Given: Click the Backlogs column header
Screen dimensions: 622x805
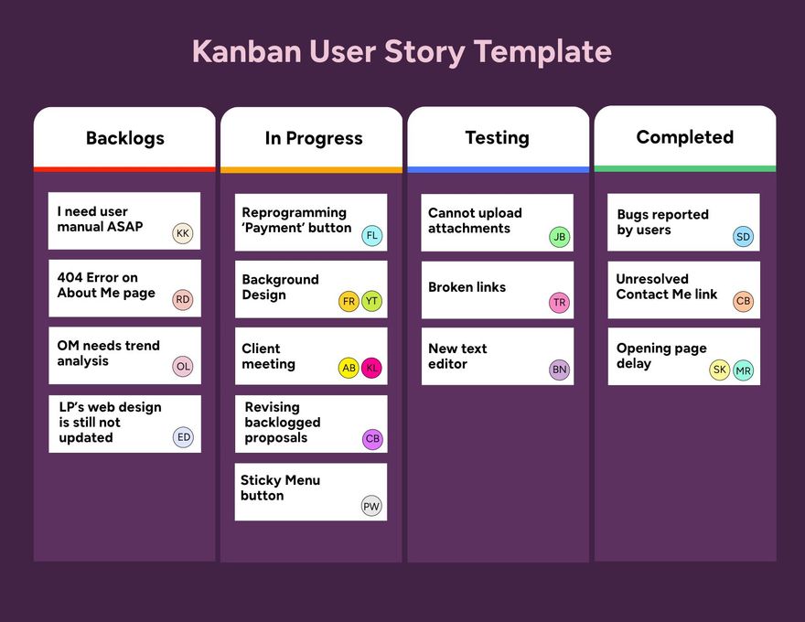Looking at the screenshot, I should click(125, 138).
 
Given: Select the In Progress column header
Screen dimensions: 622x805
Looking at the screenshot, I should click(314, 138).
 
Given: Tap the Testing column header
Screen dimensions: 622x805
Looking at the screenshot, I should click(497, 137).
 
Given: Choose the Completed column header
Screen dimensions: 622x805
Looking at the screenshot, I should click(684, 137).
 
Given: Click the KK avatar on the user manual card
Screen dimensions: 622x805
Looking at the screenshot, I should click(183, 233).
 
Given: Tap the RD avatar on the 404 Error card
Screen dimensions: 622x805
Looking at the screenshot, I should click(183, 299).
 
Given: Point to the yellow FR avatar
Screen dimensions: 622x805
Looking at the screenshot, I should click(349, 301).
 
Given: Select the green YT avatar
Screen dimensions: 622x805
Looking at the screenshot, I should click(371, 301).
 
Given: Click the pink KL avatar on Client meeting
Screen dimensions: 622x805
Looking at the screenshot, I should click(371, 368).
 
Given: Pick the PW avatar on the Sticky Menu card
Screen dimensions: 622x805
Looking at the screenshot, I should click(371, 506).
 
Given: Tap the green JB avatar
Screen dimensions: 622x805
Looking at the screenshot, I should click(560, 237).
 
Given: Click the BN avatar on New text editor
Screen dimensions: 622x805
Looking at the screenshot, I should click(560, 370).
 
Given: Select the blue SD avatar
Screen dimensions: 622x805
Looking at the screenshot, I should click(744, 237).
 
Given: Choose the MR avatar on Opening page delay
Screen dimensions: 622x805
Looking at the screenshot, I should click(744, 370).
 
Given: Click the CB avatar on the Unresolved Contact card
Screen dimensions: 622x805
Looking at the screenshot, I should click(744, 301).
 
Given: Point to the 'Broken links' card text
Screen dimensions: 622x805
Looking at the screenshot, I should click(467, 287).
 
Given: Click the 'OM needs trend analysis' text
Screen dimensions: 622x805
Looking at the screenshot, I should click(108, 353).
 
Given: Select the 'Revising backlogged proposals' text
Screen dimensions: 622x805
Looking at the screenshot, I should click(283, 423).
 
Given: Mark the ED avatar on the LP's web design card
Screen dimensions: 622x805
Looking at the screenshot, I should click(184, 437).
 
